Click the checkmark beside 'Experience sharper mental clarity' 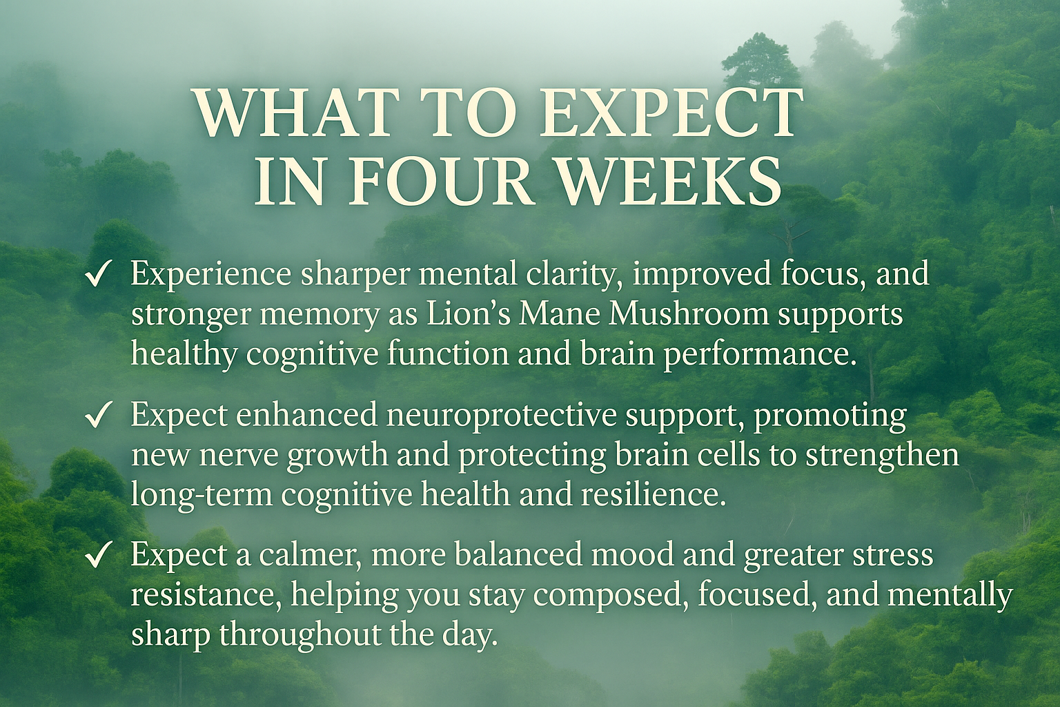(x=99, y=275)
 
